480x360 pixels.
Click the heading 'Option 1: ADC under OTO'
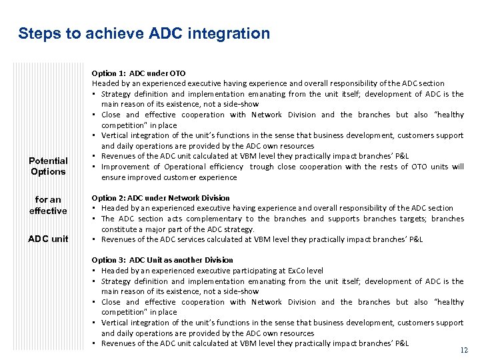[x=139, y=73]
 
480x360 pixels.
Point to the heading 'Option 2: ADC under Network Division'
[x=161, y=198]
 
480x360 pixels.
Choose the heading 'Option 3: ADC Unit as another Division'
[x=163, y=260]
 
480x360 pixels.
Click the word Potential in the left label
[x=48, y=161]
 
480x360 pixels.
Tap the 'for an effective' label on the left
[x=48, y=205]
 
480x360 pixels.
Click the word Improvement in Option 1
[x=126, y=167]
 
